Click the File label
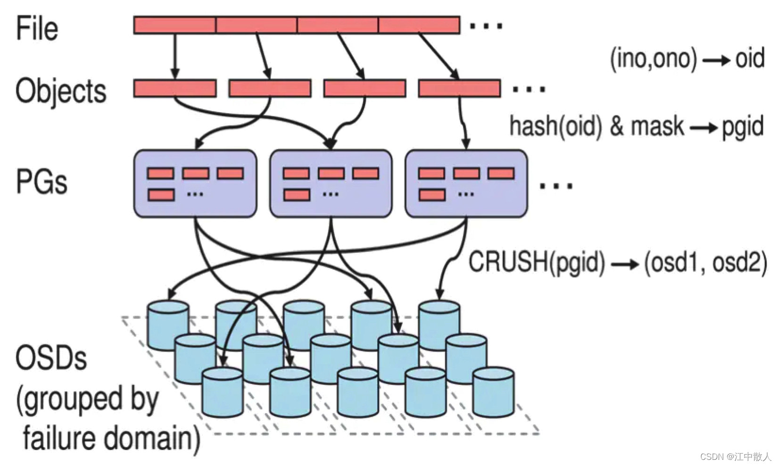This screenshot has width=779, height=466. [x=37, y=28]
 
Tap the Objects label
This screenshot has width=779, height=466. [x=61, y=90]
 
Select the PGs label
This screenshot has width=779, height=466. [x=41, y=182]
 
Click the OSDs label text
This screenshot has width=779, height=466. [x=51, y=358]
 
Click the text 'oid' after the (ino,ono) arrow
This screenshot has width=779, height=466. [x=749, y=58]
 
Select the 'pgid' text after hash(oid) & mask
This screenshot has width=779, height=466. [x=743, y=126]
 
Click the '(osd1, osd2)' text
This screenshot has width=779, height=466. [x=705, y=262]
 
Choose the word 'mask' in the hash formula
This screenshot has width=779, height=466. [x=657, y=126]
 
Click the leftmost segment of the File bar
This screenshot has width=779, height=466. [x=174, y=25]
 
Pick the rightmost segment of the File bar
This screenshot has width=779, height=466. [x=419, y=25]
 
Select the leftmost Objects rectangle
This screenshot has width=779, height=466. [x=175, y=89]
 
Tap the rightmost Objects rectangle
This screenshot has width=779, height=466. [x=459, y=89]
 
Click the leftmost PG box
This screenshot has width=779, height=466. [x=195, y=183]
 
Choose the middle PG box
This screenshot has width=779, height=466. [x=331, y=183]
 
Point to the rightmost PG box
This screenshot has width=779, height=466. [x=466, y=183]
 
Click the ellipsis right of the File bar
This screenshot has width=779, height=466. [x=486, y=26]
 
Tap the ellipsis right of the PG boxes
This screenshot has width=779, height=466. [x=556, y=185]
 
